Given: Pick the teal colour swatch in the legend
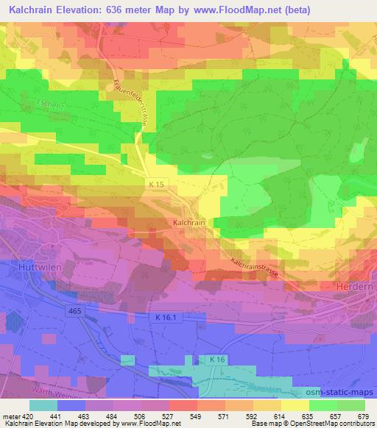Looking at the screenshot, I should click(x=43, y=404).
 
